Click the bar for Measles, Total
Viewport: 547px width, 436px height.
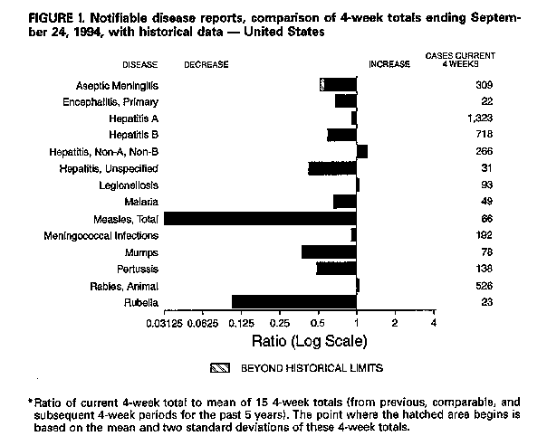click(x=260, y=218)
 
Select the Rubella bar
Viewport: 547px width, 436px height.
click(x=294, y=301)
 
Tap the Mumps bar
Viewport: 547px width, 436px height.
click(x=329, y=251)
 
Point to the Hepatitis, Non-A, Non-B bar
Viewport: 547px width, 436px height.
click(x=362, y=151)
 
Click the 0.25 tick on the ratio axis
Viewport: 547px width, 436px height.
click(x=280, y=323)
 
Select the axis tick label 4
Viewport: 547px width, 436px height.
click(x=434, y=323)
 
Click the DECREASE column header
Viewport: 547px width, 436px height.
click(x=206, y=64)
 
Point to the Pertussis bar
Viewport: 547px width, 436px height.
click(x=336, y=269)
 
